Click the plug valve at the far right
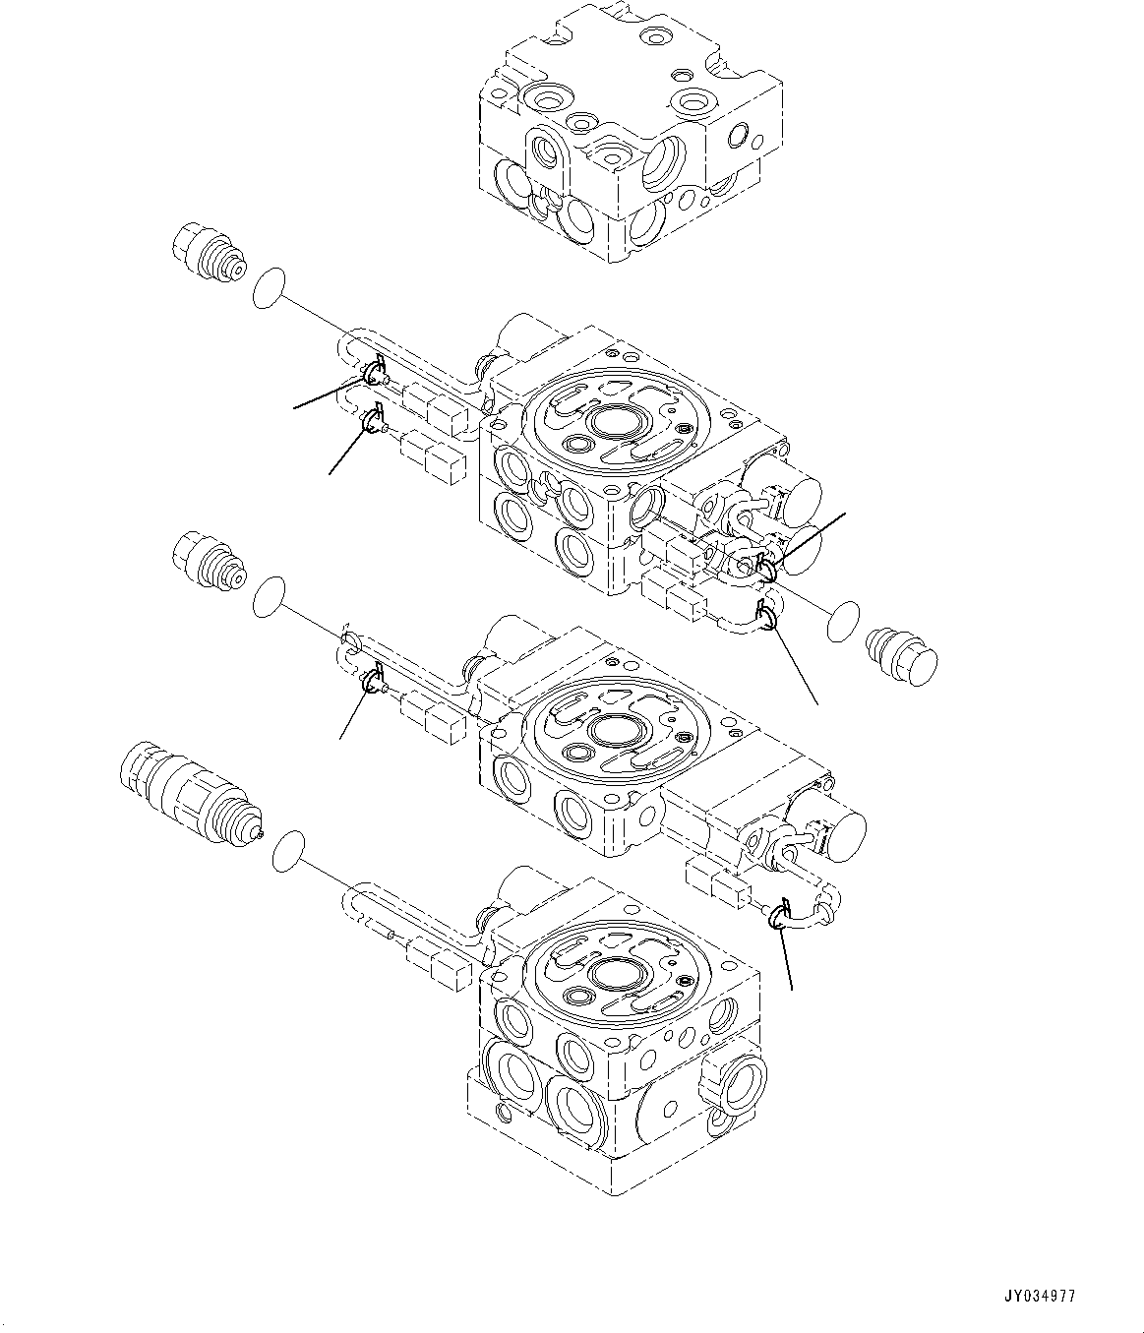[x=900, y=653]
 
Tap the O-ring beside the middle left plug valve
[x=271, y=599]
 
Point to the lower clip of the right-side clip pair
[x=767, y=615]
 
